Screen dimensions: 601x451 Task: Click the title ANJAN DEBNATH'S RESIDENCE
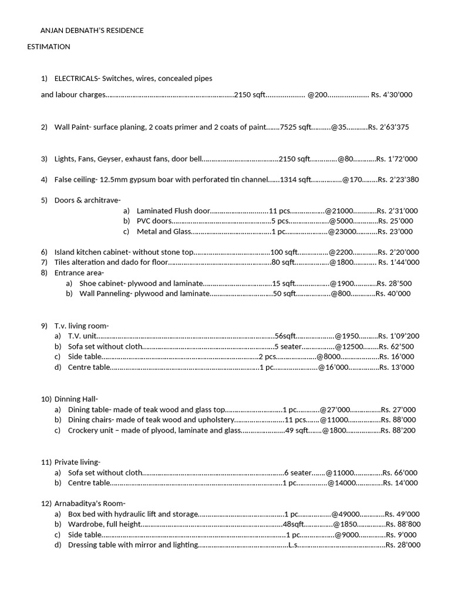pos(91,31)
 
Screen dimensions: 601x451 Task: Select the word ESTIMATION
pos(49,46)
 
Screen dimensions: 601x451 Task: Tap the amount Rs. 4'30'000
pos(392,94)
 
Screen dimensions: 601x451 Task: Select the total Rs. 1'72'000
pos(397,158)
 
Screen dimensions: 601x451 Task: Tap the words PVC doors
pos(154,221)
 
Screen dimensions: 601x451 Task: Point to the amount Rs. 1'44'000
pos(399,262)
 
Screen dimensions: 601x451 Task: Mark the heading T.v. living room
pos(82,326)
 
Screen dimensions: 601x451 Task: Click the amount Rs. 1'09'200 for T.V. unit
pos(399,336)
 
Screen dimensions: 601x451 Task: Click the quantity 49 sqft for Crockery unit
pos(297,430)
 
